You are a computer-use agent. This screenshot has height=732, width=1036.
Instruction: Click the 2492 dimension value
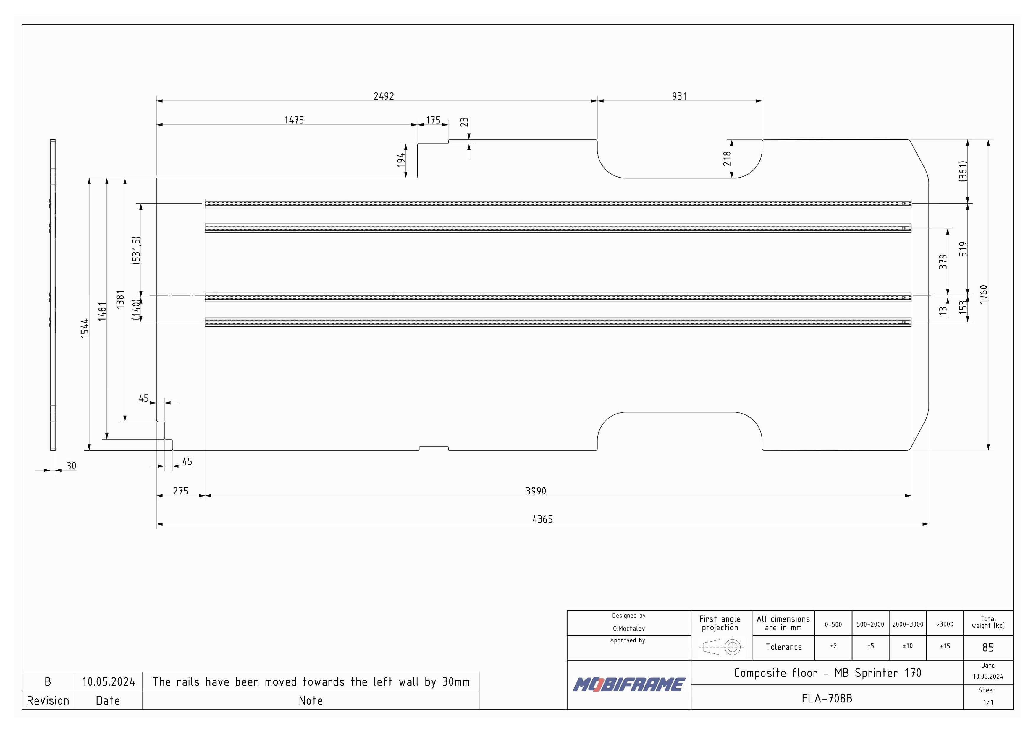pos(384,96)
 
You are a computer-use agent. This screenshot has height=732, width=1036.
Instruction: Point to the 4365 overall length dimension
pos(542,519)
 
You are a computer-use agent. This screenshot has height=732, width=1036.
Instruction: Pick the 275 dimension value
pos(180,491)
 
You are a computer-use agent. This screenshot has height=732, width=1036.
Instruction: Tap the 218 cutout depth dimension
pos(727,159)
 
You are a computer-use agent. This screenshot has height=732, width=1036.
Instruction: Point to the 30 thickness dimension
pos(71,466)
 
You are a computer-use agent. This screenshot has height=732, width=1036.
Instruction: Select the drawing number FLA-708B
pos(827,698)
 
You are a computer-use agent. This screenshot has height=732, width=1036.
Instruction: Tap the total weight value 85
pos(988,648)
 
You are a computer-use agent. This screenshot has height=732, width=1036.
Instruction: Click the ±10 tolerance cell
pos(907,646)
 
